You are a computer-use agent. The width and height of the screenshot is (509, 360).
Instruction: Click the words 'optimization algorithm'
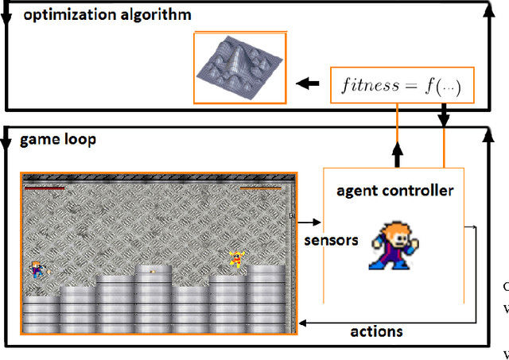coord(107,16)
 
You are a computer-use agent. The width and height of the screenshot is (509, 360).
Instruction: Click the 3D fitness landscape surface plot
coord(240,68)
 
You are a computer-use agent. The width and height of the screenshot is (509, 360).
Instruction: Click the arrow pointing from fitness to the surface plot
coord(306,82)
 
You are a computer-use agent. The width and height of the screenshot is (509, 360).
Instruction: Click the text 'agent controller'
coord(394,191)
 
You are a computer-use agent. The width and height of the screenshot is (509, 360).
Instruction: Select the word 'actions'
coord(376,331)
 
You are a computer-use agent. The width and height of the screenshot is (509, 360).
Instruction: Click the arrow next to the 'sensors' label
coord(309,223)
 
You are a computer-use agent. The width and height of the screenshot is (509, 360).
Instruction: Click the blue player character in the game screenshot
coord(37,270)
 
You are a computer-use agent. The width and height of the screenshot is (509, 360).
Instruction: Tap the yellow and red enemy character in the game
coord(235,260)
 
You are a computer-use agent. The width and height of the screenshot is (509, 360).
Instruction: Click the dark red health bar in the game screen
coord(45,188)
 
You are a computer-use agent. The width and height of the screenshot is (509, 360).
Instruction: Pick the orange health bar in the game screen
coord(260,188)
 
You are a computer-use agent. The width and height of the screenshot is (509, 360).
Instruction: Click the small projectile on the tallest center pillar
coord(153,270)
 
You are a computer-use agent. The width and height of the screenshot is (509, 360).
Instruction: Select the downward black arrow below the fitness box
coord(444,118)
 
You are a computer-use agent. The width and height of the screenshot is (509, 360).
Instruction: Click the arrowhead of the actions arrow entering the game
coord(303,322)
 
